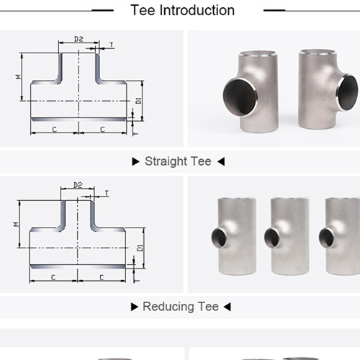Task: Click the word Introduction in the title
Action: pos(197,11)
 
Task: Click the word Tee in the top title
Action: pos(143,11)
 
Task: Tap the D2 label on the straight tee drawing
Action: pos(78,39)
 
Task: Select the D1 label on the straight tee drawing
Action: pos(139,101)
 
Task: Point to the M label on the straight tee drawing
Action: pos(19,76)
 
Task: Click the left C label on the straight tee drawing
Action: pos(55,130)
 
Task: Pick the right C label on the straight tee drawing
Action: pos(102,130)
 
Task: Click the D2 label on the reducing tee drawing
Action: pos(78,185)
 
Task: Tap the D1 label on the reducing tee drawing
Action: pos(140,248)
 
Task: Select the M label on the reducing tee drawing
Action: pos(16,224)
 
